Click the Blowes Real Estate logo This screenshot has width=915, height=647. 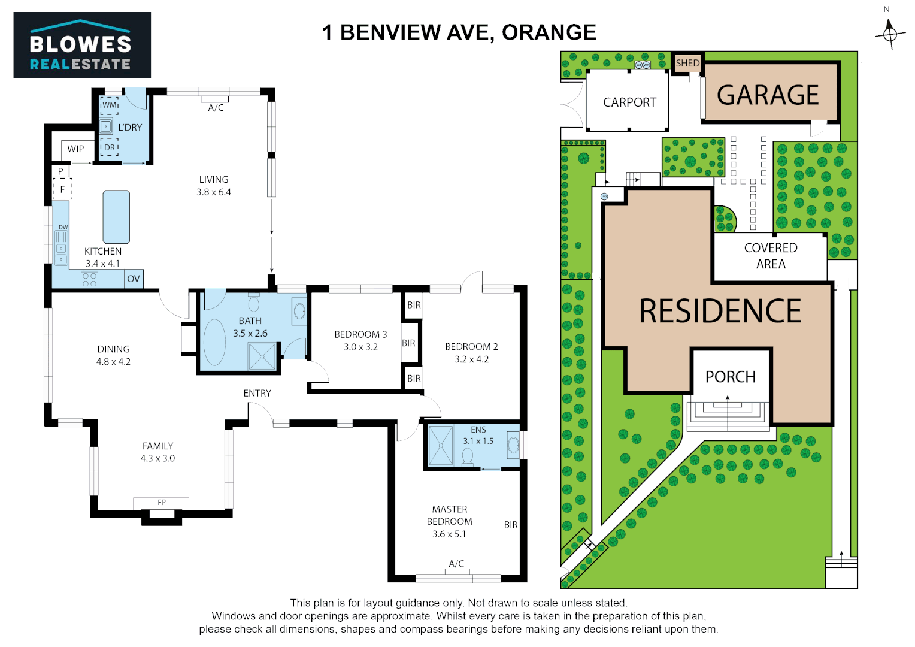click(x=82, y=45)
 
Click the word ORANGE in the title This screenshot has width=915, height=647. click(x=549, y=32)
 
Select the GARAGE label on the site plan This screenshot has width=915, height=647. click(x=768, y=95)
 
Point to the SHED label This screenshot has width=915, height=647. click(x=687, y=63)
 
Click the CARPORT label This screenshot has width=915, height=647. click(x=629, y=102)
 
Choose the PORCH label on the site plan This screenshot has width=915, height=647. click(x=730, y=377)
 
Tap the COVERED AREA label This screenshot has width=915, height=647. click(x=770, y=256)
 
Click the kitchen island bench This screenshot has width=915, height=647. click(x=116, y=216)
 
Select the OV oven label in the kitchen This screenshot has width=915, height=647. click(x=134, y=279)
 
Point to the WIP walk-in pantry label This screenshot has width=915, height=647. click(x=75, y=149)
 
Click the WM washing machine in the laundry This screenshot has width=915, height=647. click(x=109, y=105)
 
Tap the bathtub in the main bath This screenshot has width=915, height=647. click(x=214, y=341)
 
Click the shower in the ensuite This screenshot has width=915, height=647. click(x=441, y=445)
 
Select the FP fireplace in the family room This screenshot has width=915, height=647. click(x=161, y=503)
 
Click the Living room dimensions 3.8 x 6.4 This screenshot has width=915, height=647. click(x=214, y=192)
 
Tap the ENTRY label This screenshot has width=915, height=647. click(x=257, y=393)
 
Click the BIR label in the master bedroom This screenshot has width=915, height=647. click(x=511, y=525)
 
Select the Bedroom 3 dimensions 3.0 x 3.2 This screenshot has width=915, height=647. click(x=360, y=347)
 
